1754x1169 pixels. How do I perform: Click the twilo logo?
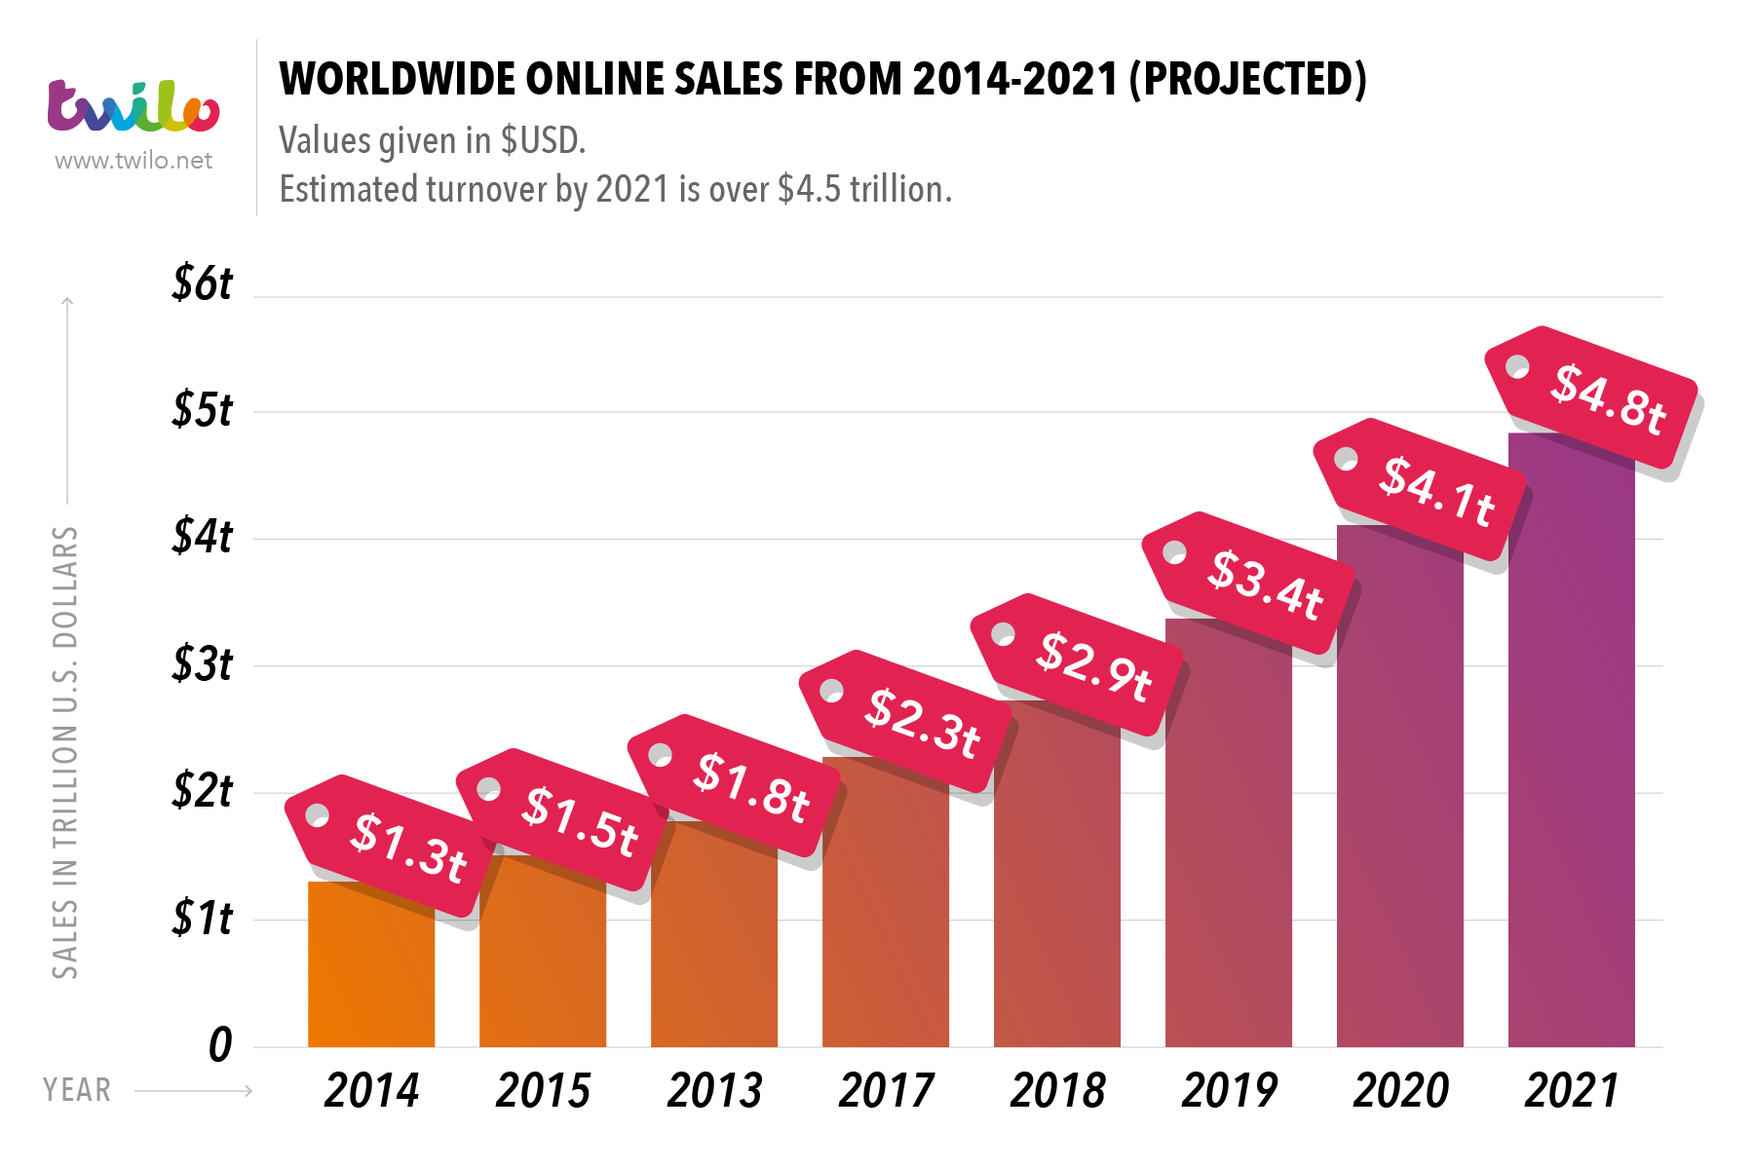[x=133, y=106]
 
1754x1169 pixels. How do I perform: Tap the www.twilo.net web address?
[x=133, y=161]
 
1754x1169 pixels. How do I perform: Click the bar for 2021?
[x=1571, y=760]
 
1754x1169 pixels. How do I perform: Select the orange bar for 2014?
[x=371, y=974]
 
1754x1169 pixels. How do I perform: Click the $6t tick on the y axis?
[x=203, y=283]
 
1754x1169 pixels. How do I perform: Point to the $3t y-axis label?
[x=203, y=664]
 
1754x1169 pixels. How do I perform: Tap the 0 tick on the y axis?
[x=220, y=1045]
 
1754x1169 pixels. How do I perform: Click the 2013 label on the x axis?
[x=714, y=1091]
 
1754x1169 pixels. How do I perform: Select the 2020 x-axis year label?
[x=1400, y=1091]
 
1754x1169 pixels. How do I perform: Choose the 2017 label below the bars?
[x=886, y=1091]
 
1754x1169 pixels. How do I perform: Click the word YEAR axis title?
[x=77, y=1090]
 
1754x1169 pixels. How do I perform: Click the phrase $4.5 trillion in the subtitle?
[x=863, y=189]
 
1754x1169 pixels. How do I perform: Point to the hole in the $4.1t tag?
[x=1346, y=459]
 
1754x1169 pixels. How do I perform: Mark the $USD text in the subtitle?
[x=542, y=141]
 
